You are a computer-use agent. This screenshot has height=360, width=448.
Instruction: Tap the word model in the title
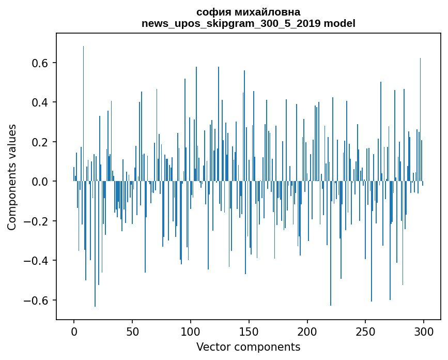(339, 23)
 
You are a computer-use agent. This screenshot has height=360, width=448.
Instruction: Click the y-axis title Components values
(12, 177)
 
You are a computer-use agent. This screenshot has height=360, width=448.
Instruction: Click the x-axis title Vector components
(248, 347)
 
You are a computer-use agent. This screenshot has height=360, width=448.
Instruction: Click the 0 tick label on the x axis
(74, 331)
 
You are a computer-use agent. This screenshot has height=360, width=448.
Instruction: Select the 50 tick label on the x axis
(132, 331)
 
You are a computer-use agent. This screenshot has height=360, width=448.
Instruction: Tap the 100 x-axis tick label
(191, 331)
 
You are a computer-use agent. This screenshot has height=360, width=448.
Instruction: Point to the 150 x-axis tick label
(249, 331)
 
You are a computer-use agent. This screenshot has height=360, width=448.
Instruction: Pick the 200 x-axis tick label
(307, 331)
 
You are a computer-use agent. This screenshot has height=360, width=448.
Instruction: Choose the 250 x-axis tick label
(365, 331)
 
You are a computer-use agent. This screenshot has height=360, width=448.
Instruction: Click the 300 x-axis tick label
(424, 331)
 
